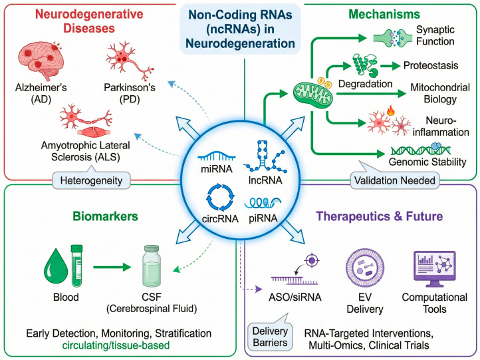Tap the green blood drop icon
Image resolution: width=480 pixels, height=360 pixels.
56,267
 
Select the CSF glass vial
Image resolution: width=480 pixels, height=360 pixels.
152,266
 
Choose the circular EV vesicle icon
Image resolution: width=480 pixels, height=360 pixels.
365,268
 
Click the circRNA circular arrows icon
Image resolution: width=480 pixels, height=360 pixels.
221,198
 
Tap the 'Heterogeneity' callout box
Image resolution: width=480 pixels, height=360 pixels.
91,180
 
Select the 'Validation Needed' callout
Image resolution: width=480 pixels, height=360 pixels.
395,180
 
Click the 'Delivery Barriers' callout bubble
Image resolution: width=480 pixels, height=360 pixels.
270,337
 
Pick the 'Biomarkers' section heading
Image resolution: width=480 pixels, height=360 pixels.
105,216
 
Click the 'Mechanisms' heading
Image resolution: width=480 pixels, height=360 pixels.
384,14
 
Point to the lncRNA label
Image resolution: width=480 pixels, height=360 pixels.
265,180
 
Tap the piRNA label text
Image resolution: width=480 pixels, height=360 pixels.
263,218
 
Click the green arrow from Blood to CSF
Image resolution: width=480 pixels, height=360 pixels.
112,267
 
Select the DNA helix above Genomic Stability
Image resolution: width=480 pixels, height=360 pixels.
421,150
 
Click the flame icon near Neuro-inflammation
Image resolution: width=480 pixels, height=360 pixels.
391,110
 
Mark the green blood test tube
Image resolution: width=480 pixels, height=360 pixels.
76,266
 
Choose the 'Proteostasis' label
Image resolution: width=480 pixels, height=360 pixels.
431,65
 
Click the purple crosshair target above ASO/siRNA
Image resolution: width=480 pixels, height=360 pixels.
312,261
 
